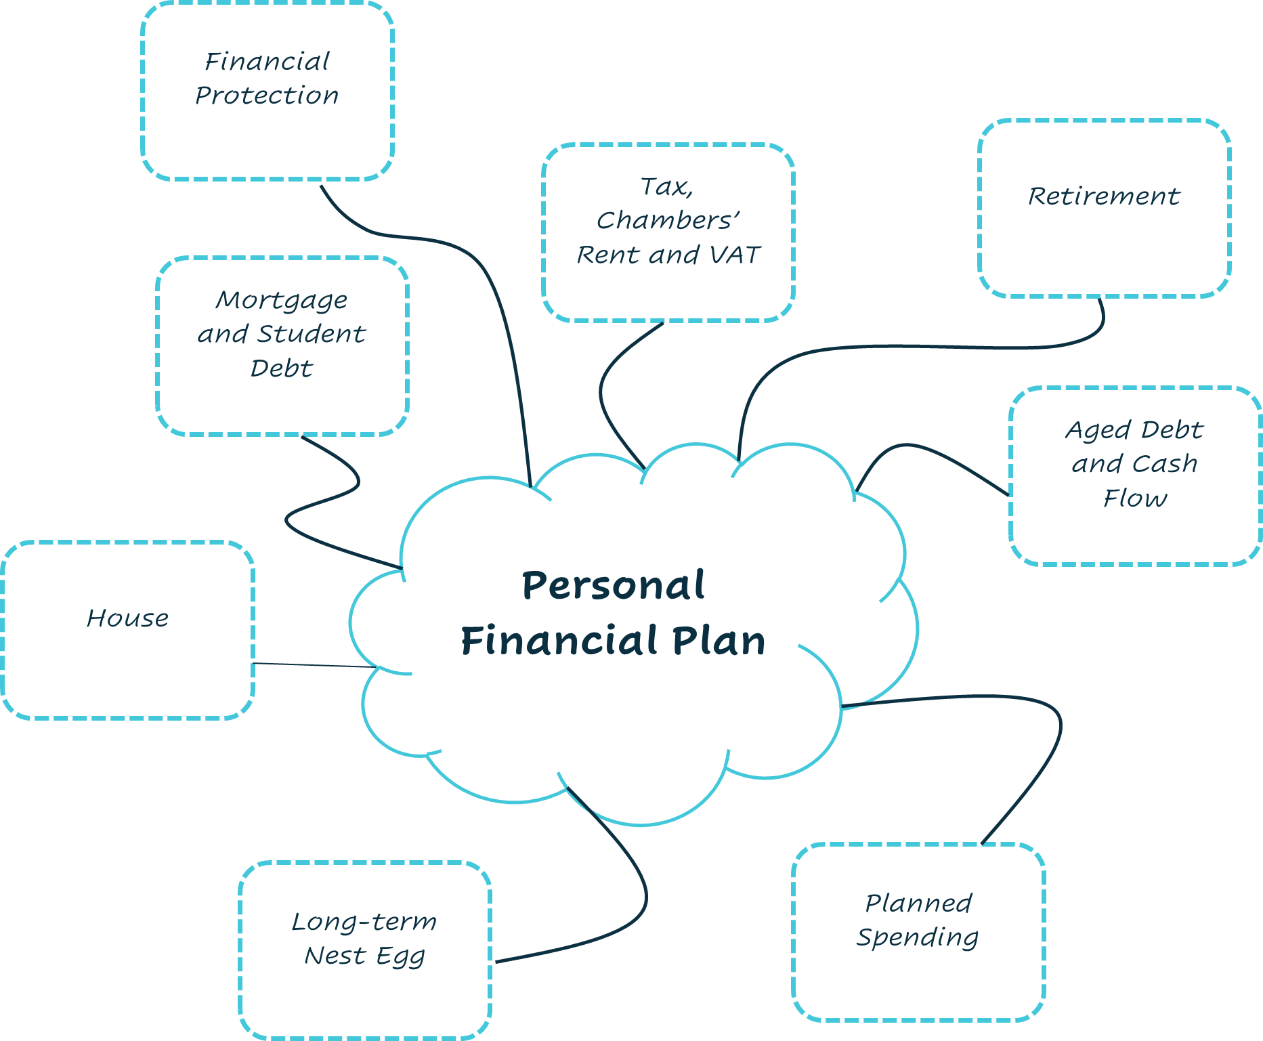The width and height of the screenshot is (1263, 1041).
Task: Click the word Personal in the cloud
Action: pos(613,585)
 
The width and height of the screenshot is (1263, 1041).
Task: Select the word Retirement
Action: pos(1104,196)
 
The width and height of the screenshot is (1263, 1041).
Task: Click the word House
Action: pos(127,618)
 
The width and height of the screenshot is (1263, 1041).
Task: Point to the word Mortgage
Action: pos(282,300)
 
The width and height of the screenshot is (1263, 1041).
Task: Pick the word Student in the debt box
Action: pos(311,334)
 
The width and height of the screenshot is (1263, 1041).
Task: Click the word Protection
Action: pos(267,95)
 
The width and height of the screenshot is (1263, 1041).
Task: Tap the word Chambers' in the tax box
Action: pos(668,220)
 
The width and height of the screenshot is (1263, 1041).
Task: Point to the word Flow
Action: pos(1135,498)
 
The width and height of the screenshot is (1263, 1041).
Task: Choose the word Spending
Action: pos(918,937)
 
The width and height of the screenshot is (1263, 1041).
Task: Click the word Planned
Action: pos(918,903)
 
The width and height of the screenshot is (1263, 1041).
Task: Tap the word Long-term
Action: pos(364,922)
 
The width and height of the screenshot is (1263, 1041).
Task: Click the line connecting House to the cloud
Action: pos(312,666)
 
